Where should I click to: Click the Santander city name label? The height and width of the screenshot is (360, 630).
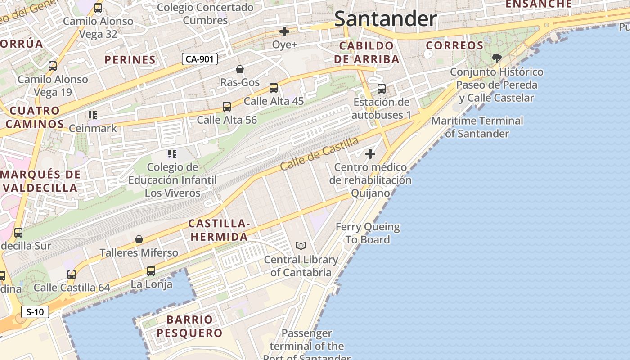point(386,19)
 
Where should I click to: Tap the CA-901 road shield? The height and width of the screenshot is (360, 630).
point(200,59)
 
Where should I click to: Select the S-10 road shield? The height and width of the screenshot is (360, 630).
point(35,312)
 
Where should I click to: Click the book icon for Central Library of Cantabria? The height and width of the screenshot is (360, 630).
point(301,246)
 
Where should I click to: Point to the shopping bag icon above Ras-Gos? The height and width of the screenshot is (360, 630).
point(240,69)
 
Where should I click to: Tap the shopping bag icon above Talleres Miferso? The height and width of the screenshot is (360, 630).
point(139,239)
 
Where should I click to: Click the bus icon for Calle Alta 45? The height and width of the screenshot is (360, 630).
point(274,88)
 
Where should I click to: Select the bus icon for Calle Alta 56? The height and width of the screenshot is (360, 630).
point(227,107)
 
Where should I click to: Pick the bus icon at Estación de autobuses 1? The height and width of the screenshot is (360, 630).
point(382,89)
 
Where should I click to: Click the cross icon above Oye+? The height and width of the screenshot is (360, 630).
point(284,31)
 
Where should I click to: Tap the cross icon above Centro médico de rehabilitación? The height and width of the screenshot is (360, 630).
point(370,154)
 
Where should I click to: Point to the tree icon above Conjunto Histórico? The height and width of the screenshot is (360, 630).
point(497,58)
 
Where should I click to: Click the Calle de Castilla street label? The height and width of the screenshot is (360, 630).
point(319,153)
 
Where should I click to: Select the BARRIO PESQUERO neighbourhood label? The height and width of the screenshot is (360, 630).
point(194,326)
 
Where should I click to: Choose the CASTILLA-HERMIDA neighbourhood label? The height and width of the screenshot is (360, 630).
point(218,230)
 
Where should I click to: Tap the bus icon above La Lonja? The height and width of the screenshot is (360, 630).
point(151,271)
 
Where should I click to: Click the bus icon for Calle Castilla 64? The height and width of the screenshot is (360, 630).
point(72,274)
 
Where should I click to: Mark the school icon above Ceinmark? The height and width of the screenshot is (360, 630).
point(93,115)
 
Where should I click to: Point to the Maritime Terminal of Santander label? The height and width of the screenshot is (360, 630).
point(477,127)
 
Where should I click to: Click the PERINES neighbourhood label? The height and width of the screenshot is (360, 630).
point(130,59)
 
